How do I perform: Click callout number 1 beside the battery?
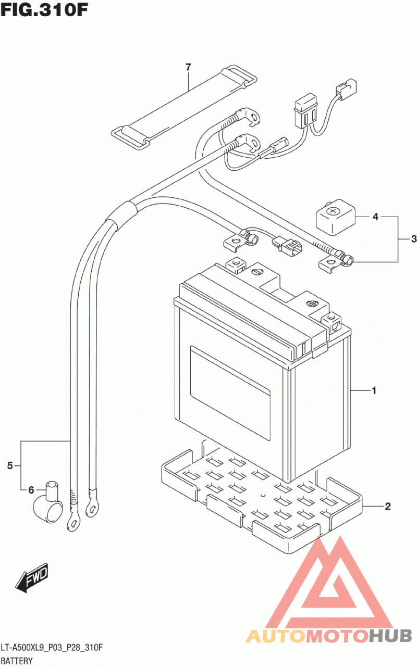click(x=374, y=390)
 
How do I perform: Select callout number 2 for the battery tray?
click(x=388, y=506)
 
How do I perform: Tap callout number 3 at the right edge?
click(x=414, y=239)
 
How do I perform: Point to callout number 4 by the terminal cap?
click(x=375, y=217)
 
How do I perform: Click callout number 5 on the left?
click(x=10, y=465)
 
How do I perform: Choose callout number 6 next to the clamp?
click(x=31, y=490)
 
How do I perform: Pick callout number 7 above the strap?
click(x=188, y=67)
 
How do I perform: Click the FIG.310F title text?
click(x=44, y=10)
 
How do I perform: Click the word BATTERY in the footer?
click(x=17, y=661)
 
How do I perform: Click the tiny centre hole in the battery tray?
click(x=263, y=496)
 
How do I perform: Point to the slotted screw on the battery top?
click(x=257, y=272)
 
